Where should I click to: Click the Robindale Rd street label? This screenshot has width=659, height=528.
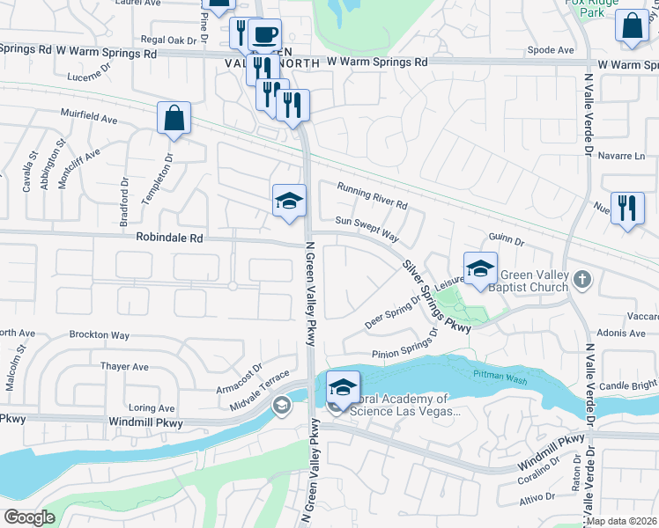coord(169,238)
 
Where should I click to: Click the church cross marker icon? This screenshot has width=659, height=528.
coord(581,280)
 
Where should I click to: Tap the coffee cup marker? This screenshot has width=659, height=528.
coord(264,36)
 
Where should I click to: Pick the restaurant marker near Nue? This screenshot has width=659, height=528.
coord(626,209)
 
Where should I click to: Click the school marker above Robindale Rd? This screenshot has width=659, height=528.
coord(289,202)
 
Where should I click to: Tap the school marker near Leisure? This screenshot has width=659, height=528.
coord(480,269)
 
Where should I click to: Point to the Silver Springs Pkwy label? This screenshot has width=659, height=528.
coord(437,296)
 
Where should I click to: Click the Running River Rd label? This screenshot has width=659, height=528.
coord(372,194)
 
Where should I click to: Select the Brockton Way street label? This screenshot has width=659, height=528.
coord(100,335)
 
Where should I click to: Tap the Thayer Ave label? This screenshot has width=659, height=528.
coord(124,366)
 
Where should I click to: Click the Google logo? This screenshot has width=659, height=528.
coord(29,517)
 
